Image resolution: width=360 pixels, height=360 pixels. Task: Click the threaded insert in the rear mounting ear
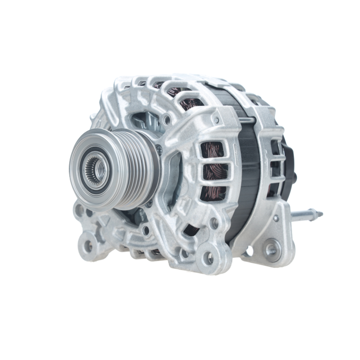272,249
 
